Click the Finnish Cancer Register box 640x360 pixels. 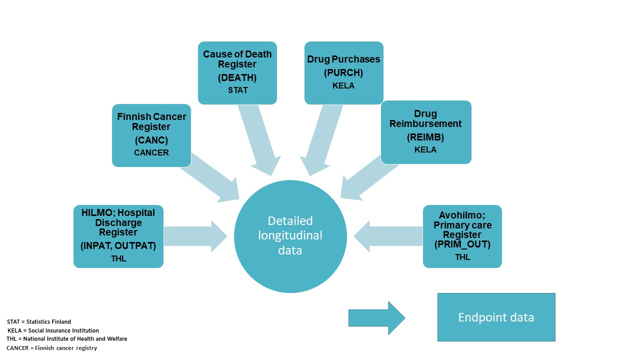coord(151,135)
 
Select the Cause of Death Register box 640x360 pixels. coord(237,73)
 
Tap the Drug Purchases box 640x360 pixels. coord(344,73)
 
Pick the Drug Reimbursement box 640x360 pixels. coord(426,132)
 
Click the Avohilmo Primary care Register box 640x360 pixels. coord(462,236)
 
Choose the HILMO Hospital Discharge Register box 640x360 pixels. coord(118,236)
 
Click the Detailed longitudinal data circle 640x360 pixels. coord(290,236)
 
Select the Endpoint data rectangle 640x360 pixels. coord(496,317)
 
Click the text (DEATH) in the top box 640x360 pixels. coord(237,77)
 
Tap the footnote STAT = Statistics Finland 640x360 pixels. coord(39,321)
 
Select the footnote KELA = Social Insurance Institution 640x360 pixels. coord(53,330)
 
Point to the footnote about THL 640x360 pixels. coord(66,339)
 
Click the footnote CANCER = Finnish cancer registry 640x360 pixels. coord(52,348)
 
